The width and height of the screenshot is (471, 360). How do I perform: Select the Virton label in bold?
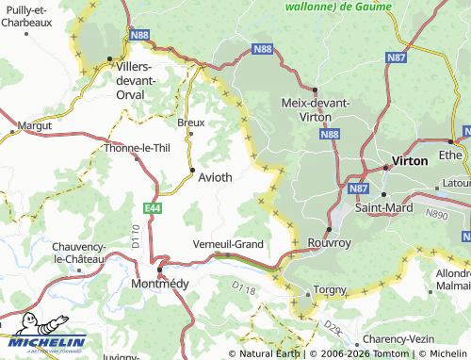pyautogui.click(x=409, y=161)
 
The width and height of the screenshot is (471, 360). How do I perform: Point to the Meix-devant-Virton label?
pyautogui.click(x=316, y=109)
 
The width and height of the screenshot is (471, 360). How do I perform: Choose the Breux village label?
pyautogui.click(x=190, y=123)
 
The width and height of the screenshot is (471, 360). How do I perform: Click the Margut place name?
pyautogui.click(x=33, y=124)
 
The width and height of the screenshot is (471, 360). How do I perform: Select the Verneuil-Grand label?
pyautogui.click(x=228, y=243)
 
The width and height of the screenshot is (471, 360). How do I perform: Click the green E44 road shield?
pyautogui.click(x=153, y=206)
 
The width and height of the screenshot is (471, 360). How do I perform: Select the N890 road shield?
pyautogui.click(x=436, y=215)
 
